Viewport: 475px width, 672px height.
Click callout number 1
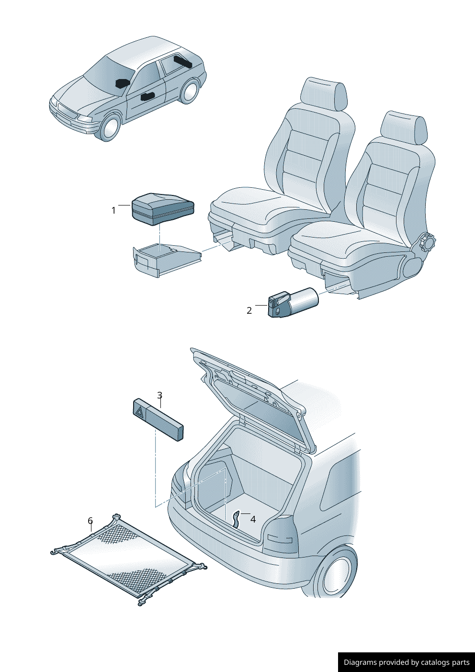coord(113,211)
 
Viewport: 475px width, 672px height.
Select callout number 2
coord(249,310)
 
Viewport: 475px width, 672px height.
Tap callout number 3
coord(160,395)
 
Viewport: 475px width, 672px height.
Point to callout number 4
coord(253,519)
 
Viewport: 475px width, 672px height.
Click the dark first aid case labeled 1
coord(163,209)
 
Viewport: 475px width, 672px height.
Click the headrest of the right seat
coord(404,126)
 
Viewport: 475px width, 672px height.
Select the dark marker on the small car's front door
coord(147,96)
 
